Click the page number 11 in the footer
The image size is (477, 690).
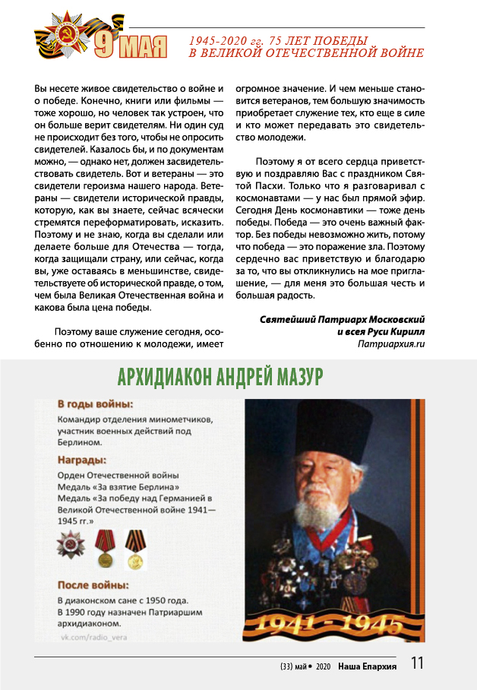[x=417, y=663]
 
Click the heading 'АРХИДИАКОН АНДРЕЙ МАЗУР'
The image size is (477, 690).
[x=221, y=378]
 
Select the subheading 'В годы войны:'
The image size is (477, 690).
[x=95, y=404]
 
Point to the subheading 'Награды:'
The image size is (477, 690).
[x=82, y=460]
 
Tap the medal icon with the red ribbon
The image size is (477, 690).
[x=105, y=549]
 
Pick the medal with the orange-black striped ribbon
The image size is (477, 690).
[x=135, y=549]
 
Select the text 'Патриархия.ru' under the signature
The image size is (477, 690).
[x=390, y=343]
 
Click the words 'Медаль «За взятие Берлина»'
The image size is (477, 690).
[x=118, y=487]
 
